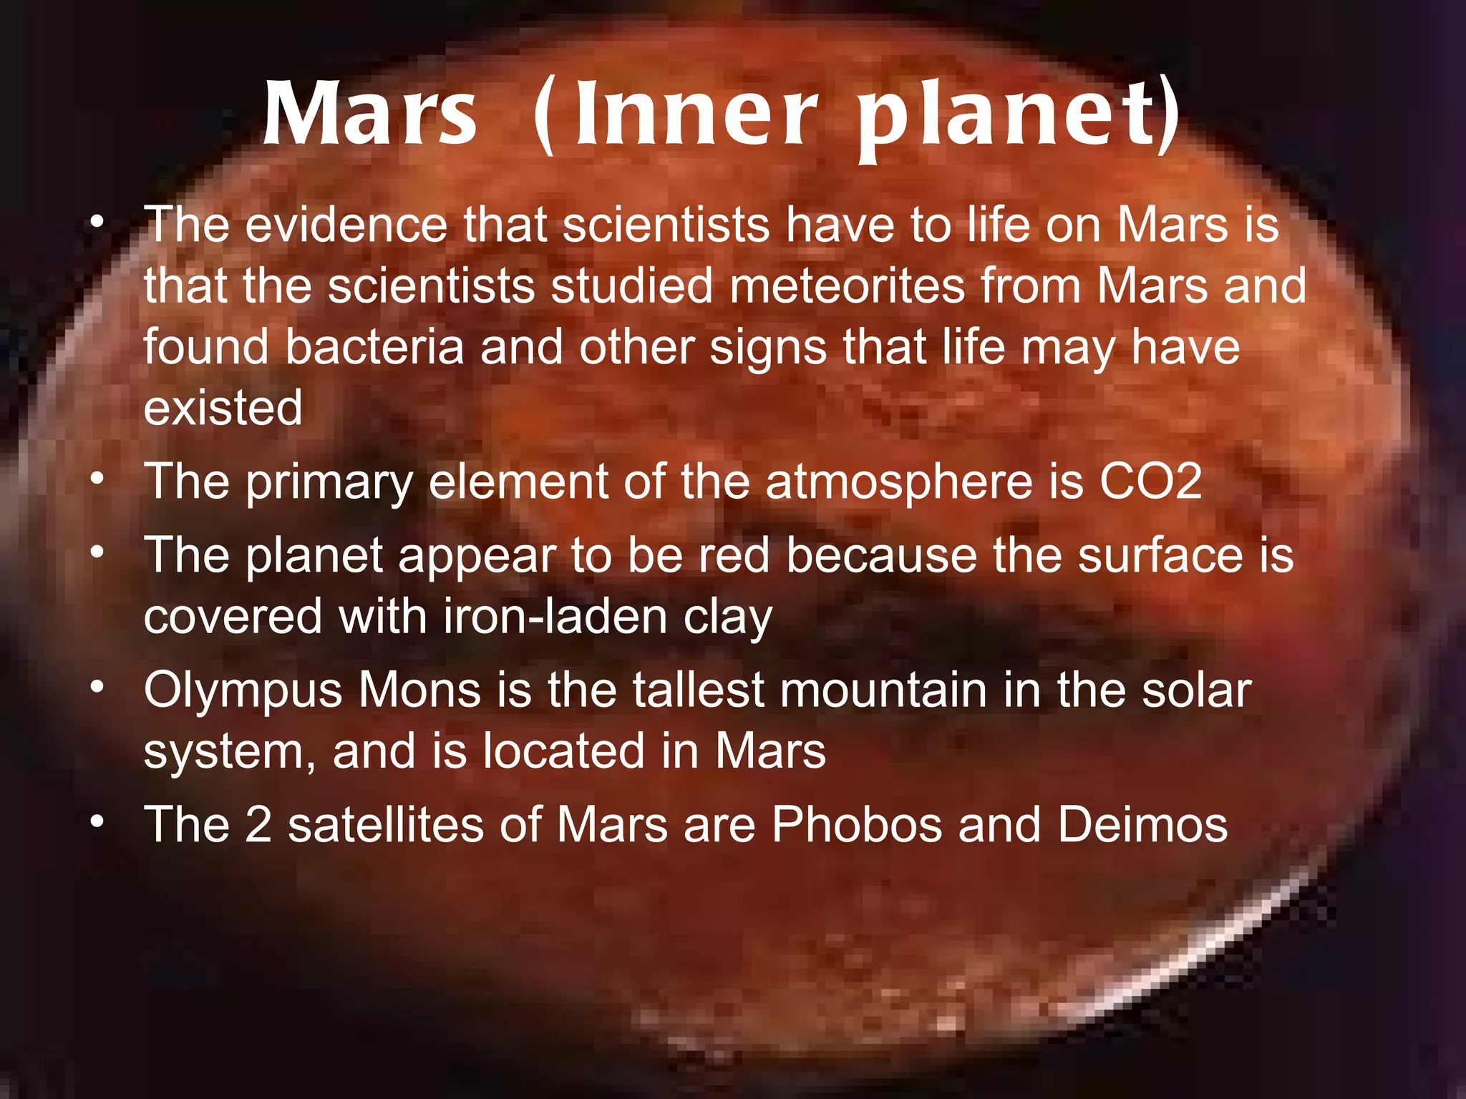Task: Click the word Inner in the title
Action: point(694,114)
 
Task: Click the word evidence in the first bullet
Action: point(346,225)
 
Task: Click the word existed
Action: point(223,408)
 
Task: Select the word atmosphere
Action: point(899,483)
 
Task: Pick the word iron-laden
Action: point(555,617)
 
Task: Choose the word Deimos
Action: point(1142,824)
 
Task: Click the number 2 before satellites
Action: point(258,824)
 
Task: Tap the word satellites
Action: point(386,824)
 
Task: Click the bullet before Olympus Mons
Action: point(98,687)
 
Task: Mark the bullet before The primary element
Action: point(98,477)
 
